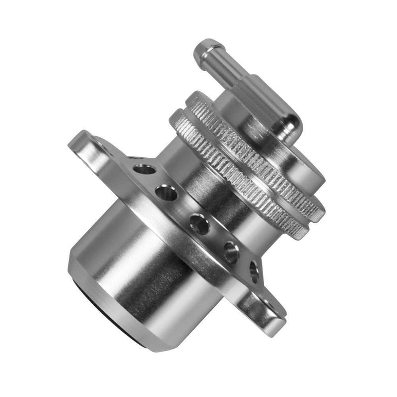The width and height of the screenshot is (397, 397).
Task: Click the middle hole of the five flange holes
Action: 198,224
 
